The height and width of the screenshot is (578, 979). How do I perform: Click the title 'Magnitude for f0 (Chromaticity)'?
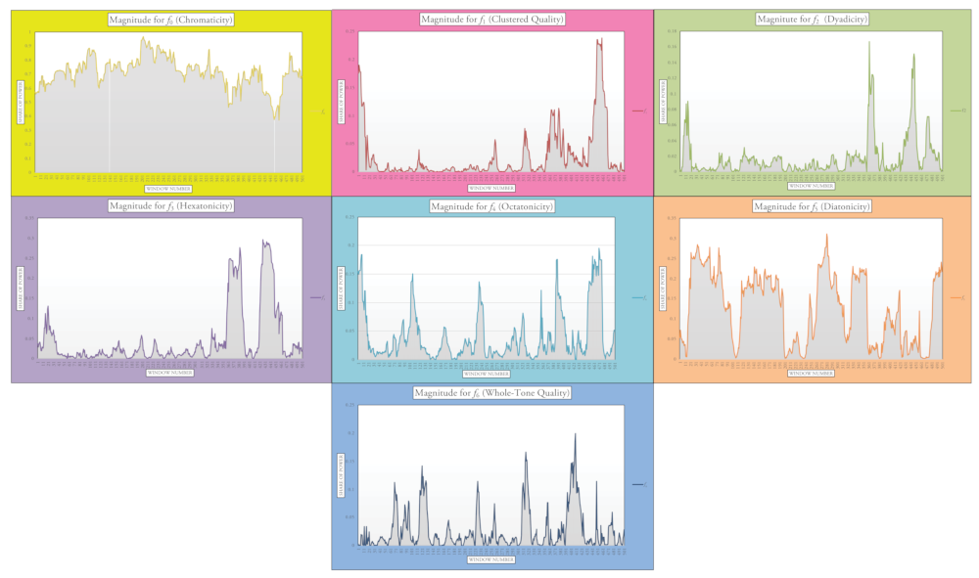[170, 20]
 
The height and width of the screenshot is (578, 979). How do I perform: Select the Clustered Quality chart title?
[492, 20]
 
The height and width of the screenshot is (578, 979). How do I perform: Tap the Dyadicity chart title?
[813, 20]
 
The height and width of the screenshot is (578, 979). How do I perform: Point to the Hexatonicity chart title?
[170, 206]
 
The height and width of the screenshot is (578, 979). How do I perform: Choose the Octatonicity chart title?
[492, 206]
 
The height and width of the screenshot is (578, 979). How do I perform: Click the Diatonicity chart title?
[813, 206]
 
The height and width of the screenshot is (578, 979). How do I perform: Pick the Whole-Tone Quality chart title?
[492, 392]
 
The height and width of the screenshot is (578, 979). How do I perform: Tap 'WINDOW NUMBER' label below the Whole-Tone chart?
[491, 560]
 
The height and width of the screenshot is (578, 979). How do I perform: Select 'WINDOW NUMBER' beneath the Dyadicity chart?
[812, 185]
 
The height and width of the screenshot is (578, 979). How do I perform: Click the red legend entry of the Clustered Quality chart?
[637, 111]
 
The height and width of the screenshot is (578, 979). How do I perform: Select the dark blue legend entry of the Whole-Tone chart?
[638, 484]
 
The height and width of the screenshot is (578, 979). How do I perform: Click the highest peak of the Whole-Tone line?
[575, 433]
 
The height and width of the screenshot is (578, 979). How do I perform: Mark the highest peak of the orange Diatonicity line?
[826, 235]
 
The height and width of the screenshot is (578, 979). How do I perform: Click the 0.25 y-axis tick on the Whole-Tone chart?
[350, 405]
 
